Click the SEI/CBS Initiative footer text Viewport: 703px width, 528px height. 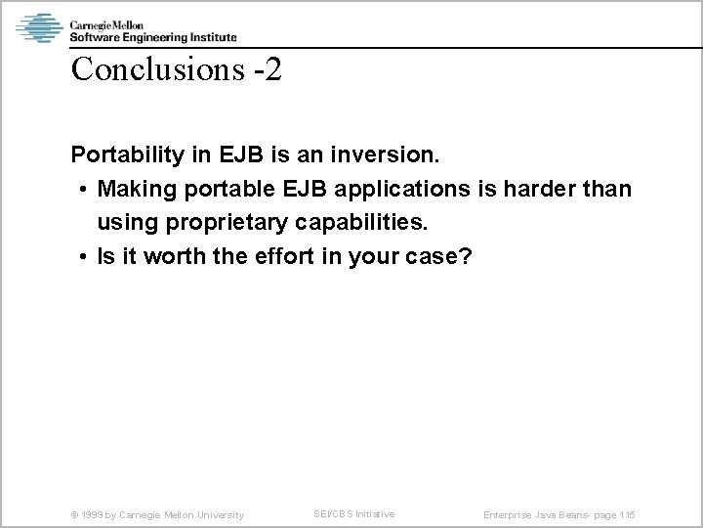[x=353, y=513]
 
